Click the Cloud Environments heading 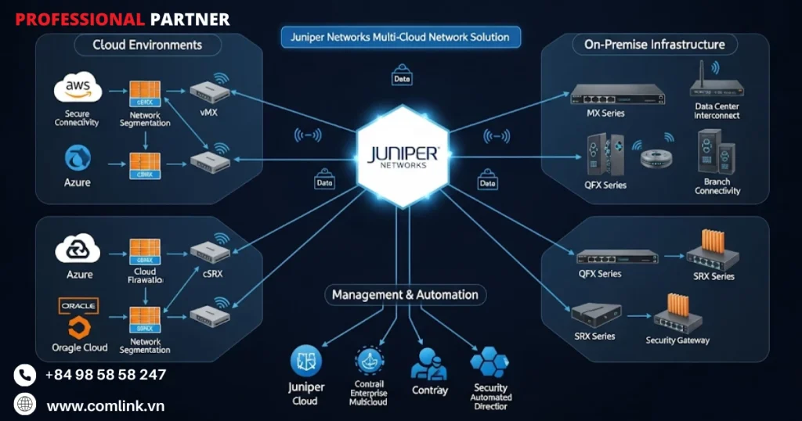(x=147, y=45)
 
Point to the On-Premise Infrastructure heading (x=655, y=45)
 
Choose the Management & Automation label (x=405, y=295)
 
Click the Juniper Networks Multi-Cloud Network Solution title (x=400, y=37)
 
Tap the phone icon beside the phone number (x=25, y=375)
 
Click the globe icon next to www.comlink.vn (x=25, y=405)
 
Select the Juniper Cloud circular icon (x=305, y=361)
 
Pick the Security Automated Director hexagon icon (x=490, y=362)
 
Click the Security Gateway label (x=677, y=340)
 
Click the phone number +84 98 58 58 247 (x=106, y=375)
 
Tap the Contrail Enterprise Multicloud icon (x=369, y=362)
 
